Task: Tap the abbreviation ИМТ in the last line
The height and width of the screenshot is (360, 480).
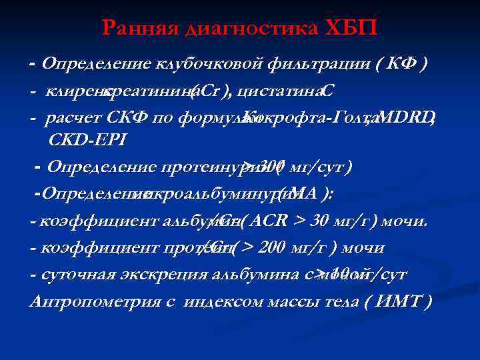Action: (x=397, y=301)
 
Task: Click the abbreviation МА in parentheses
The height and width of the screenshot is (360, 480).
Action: (x=301, y=193)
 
